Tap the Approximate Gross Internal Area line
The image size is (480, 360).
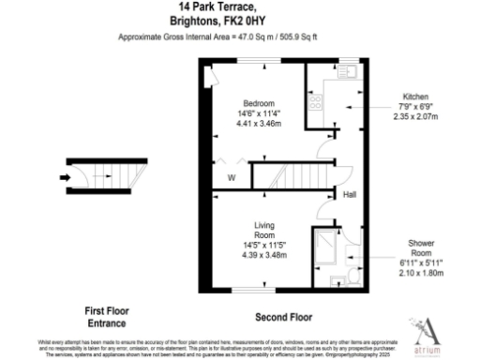click(x=240, y=37)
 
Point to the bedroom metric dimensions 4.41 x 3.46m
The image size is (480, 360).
click(x=257, y=123)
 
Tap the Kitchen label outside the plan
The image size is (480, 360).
click(x=416, y=97)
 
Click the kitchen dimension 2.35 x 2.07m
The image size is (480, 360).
click(x=416, y=118)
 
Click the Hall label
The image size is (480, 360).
click(x=349, y=195)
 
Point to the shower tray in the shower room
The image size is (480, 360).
click(x=328, y=246)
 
